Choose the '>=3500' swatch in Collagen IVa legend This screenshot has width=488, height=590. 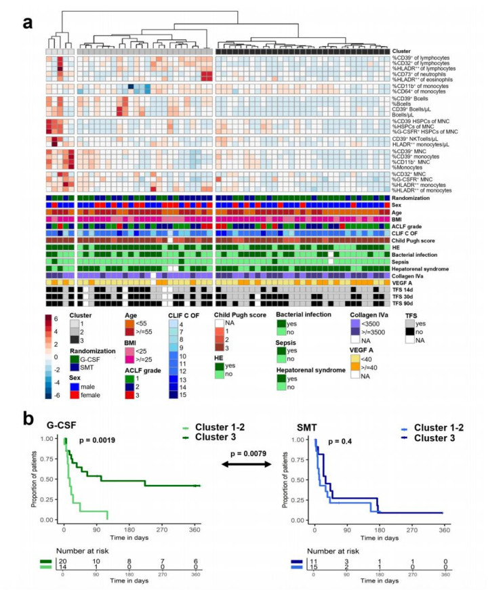[x=354, y=341]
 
